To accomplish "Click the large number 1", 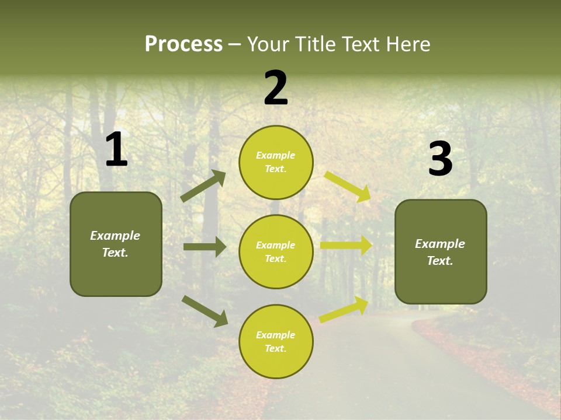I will tap(116, 150).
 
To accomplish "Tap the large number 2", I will tap(276, 88).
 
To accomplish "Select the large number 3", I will tap(440, 159).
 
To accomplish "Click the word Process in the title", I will tap(183, 44).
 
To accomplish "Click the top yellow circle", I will tap(276, 162).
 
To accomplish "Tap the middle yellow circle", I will tap(276, 251).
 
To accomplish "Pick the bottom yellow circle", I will tap(276, 341).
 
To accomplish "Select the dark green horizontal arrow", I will tap(205, 247).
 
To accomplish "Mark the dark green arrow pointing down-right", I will tap(205, 310).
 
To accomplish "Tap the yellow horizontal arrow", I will tap(346, 246).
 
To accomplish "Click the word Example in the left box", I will tap(115, 236).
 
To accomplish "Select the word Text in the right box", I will tap(439, 261).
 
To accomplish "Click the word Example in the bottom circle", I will tap(276, 335).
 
